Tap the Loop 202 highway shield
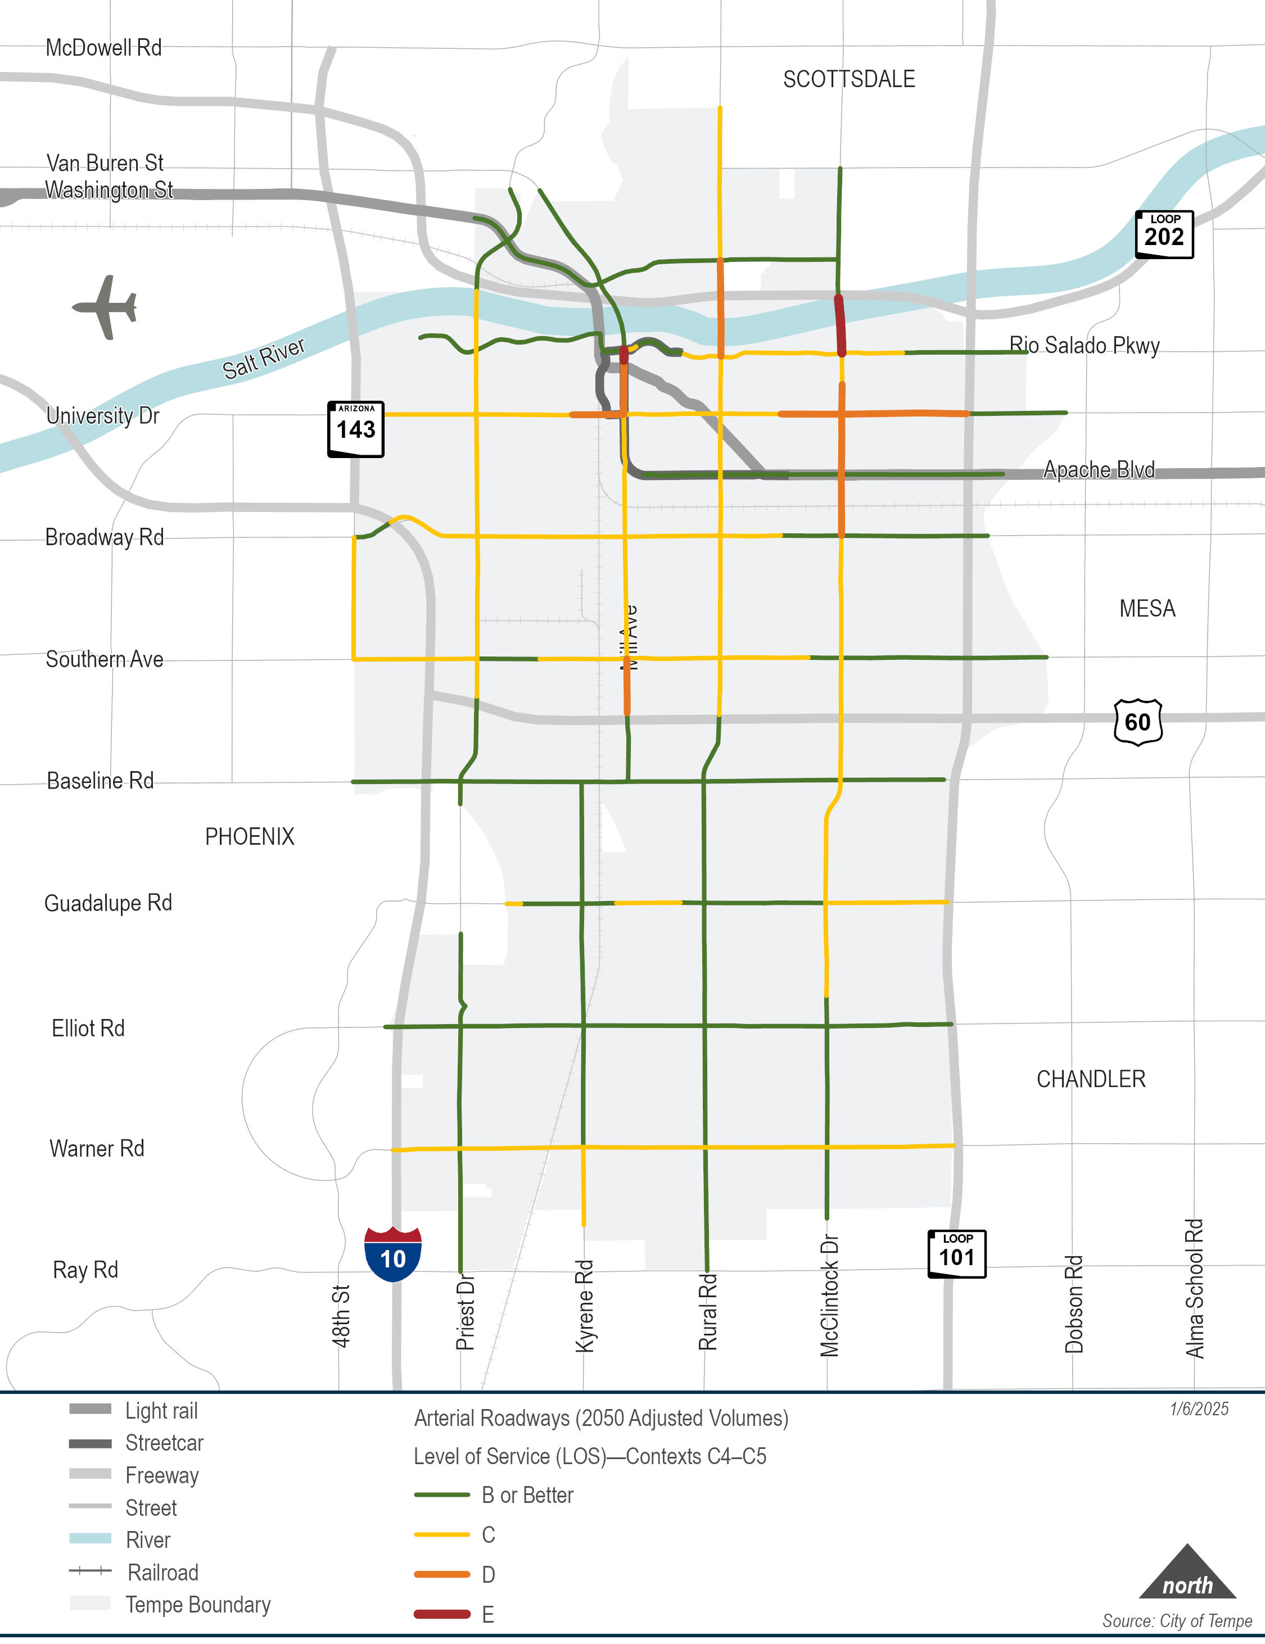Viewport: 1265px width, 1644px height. click(x=1164, y=235)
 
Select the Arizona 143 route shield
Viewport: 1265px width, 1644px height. click(x=355, y=429)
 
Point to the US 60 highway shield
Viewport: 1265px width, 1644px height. click(x=1138, y=722)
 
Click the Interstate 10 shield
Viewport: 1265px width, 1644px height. click(x=392, y=1254)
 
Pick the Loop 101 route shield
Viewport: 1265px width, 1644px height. click(x=956, y=1253)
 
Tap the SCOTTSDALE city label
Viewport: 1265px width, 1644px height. click(x=848, y=79)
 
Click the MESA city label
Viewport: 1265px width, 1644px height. click(x=1147, y=608)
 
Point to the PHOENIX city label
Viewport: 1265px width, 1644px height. click(x=249, y=836)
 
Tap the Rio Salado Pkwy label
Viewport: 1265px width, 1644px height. click(x=1085, y=346)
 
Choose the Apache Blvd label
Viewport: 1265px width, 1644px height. click(x=1099, y=470)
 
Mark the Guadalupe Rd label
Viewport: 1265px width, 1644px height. click(x=108, y=903)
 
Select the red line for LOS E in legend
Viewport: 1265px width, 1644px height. click(x=442, y=1614)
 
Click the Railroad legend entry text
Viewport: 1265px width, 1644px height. click(x=162, y=1573)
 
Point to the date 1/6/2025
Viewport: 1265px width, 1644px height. click(x=1199, y=1409)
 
